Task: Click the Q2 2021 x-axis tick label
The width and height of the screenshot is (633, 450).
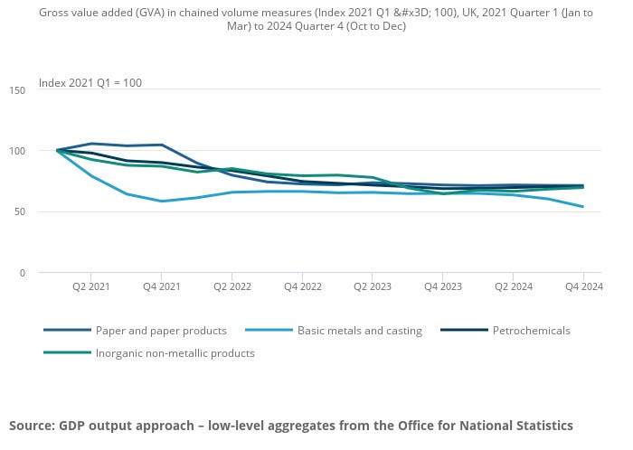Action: [91, 286]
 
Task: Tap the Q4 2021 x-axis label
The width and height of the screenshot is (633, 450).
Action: [161, 286]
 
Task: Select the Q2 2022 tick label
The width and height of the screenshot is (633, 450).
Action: [231, 286]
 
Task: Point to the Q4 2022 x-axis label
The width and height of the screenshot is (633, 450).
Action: [302, 286]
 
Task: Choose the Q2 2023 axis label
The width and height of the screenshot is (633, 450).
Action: [373, 286]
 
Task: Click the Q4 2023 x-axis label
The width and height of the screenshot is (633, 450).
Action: [442, 286]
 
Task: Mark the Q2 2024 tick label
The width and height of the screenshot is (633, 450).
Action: [513, 286]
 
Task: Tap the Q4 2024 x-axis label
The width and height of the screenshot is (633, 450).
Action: [582, 286]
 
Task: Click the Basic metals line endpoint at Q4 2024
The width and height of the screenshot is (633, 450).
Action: [582, 207]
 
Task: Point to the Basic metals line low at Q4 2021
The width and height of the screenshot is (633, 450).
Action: [161, 201]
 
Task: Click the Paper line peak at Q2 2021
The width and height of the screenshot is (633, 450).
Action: [91, 144]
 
